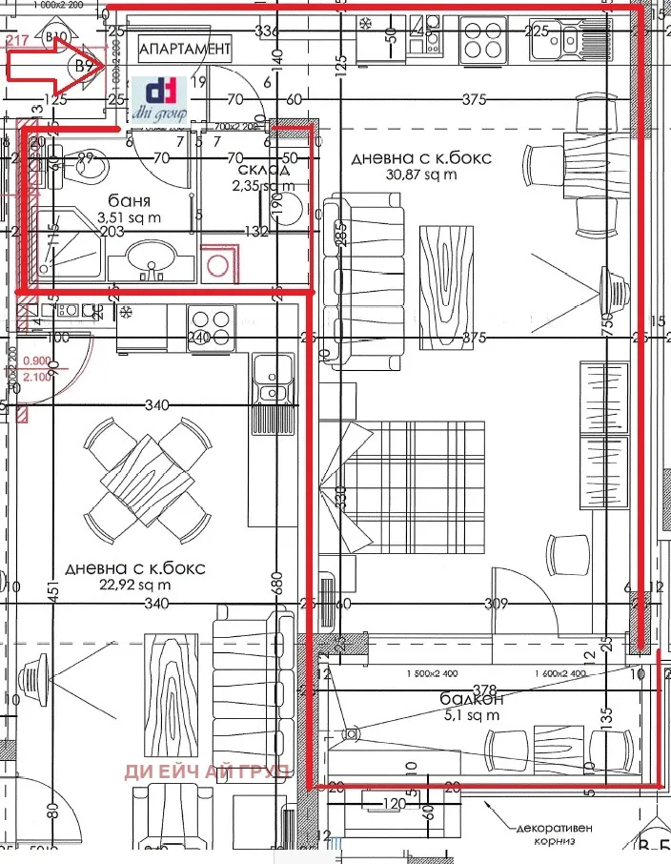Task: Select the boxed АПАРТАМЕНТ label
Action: pos(185,48)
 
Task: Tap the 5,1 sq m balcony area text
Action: pos(471,714)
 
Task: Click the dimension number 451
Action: pos(53,591)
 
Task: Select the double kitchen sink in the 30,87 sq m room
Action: pos(576,39)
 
